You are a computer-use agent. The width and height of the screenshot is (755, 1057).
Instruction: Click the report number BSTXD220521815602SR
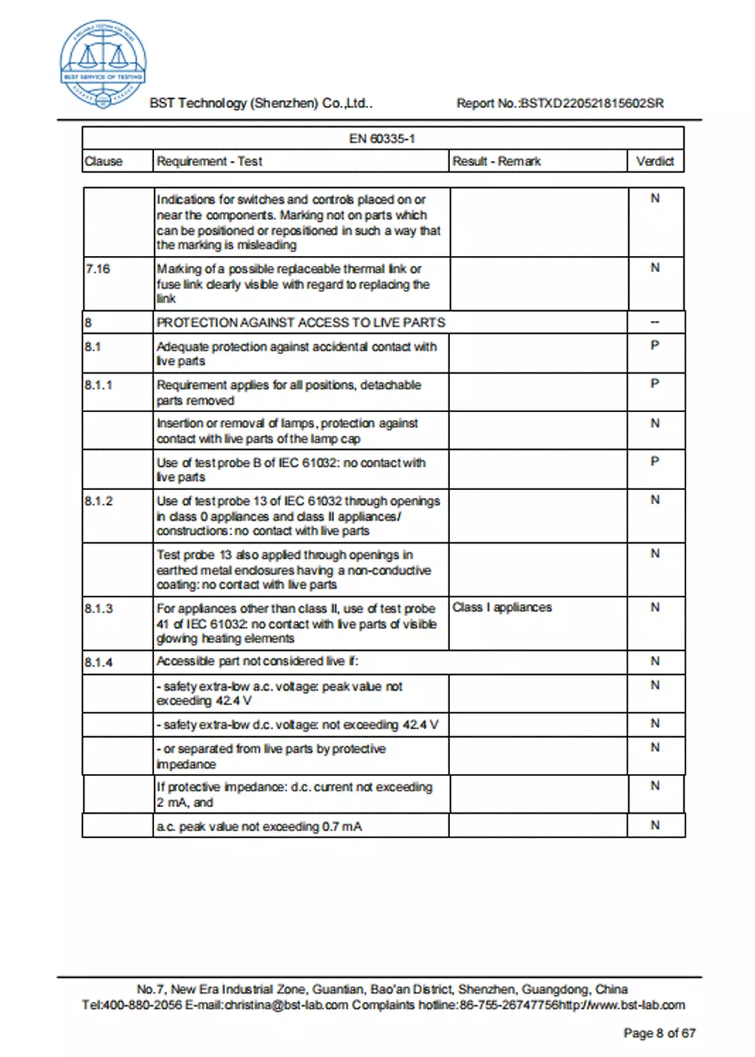tap(592, 103)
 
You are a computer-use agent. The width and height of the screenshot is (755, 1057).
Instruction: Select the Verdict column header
tap(655, 161)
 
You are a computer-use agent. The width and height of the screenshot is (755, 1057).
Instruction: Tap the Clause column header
tap(103, 161)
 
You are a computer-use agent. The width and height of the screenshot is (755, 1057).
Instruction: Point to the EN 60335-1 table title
tap(382, 138)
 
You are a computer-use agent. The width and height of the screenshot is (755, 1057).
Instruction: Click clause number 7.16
tap(97, 268)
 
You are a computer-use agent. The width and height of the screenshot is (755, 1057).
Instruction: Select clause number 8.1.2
tap(99, 501)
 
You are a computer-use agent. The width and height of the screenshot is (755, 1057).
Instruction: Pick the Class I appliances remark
tap(502, 607)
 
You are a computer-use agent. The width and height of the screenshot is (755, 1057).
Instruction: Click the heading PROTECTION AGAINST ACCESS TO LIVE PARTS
tap(300, 322)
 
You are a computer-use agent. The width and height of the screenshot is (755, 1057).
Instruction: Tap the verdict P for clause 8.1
tap(655, 345)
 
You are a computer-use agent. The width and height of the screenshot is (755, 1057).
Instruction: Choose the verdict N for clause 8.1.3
tap(655, 607)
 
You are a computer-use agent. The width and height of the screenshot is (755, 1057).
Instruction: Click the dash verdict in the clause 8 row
tap(655, 322)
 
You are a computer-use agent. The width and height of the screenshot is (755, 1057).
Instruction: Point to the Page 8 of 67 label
tap(659, 1033)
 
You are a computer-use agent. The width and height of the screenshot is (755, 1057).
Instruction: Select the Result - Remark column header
tap(497, 161)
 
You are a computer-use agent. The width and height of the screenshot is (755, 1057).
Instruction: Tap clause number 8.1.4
tap(99, 661)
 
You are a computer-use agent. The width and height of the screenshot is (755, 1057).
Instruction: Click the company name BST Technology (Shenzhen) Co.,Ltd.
tap(260, 103)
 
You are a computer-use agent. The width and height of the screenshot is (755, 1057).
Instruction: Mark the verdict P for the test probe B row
tap(655, 461)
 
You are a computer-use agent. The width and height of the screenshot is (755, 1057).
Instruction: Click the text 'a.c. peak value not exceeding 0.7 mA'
tap(259, 827)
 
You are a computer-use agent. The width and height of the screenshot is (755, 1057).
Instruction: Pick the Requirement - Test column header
tap(209, 161)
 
